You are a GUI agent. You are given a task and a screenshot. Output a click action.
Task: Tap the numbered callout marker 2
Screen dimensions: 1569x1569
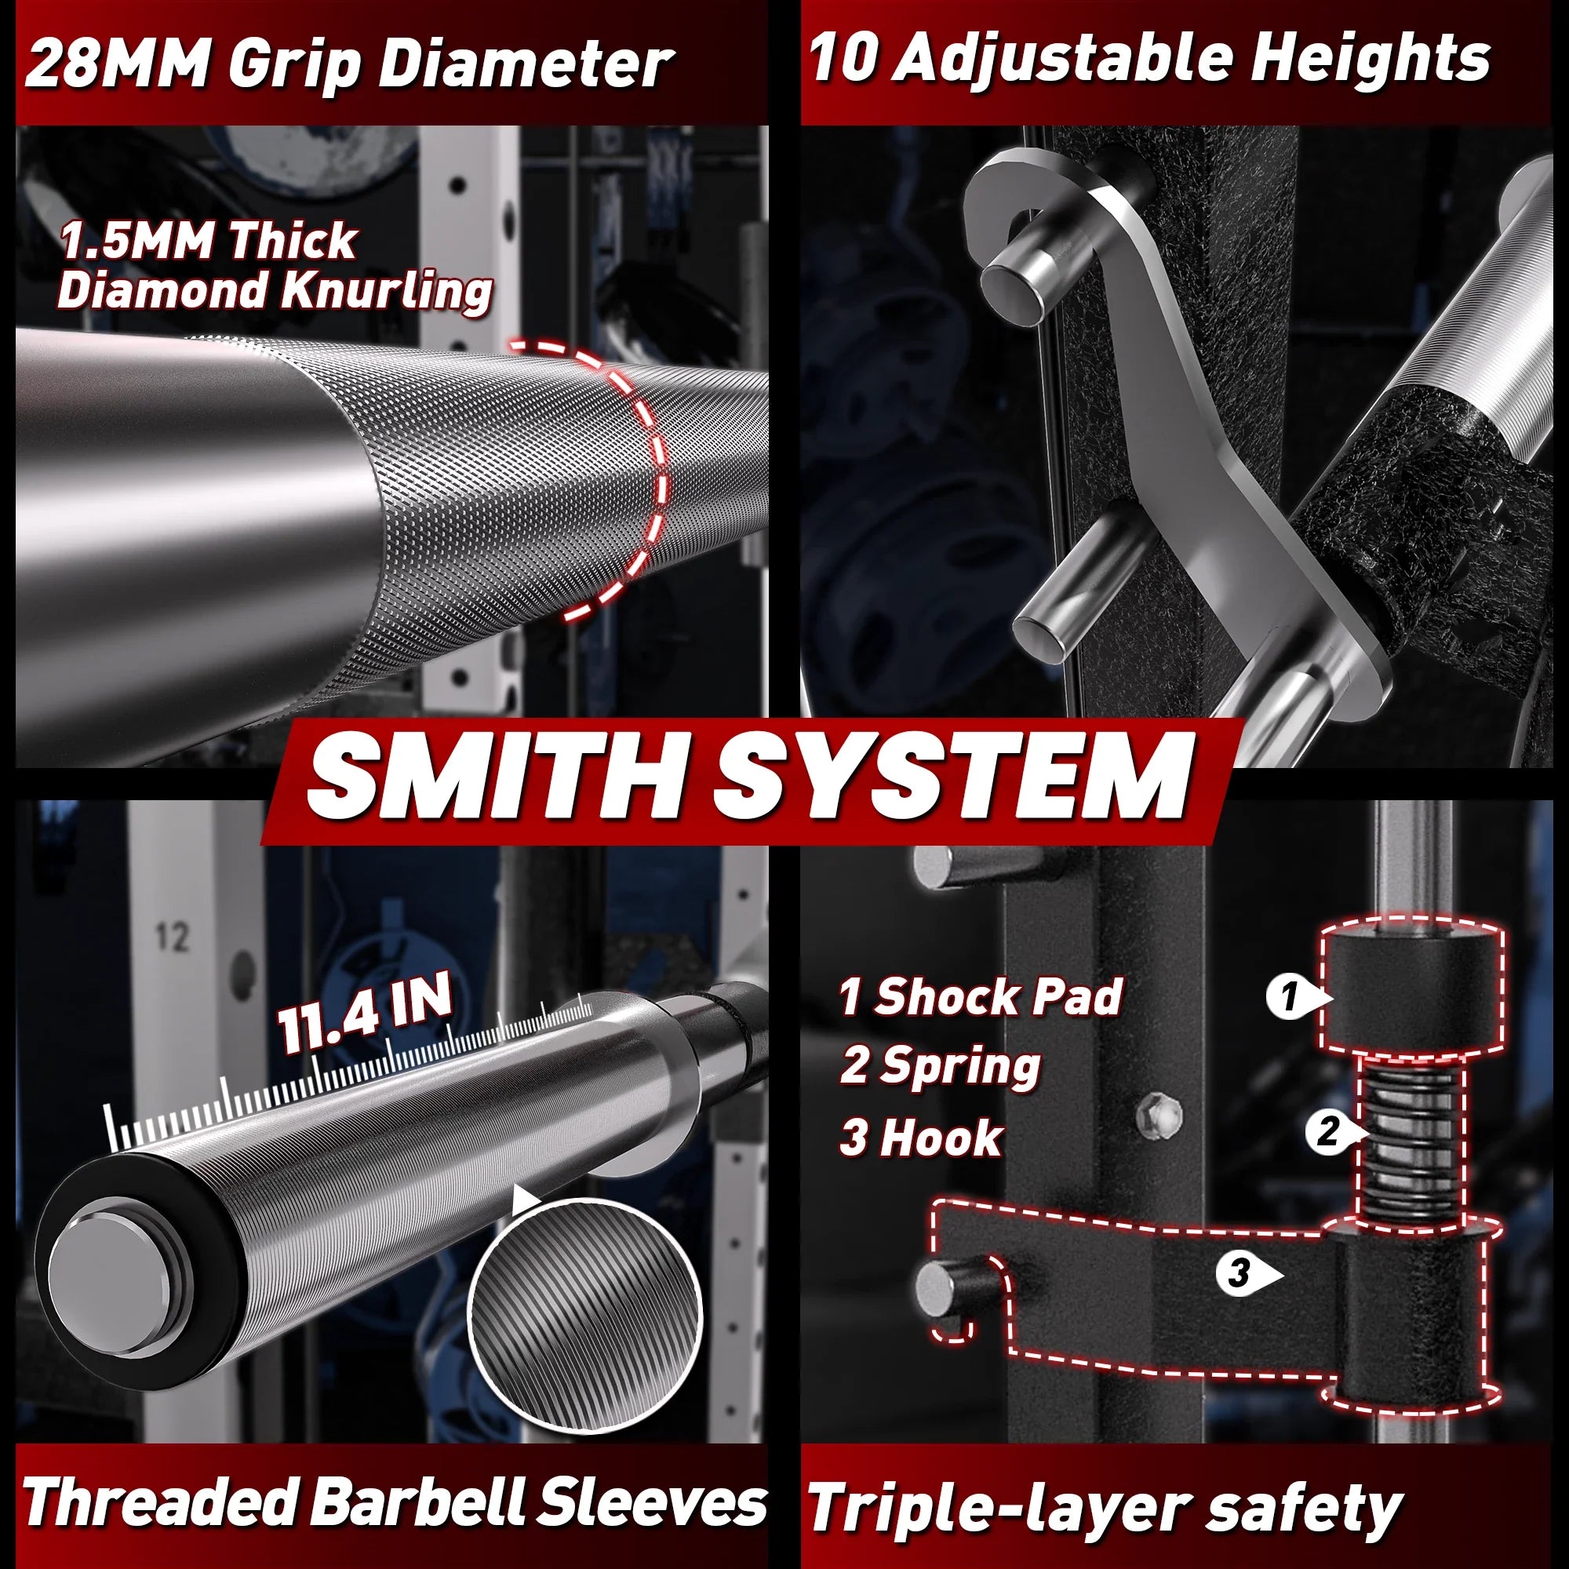click(1329, 1131)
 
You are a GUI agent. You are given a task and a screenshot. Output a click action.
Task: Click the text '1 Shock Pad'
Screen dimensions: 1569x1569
click(980, 996)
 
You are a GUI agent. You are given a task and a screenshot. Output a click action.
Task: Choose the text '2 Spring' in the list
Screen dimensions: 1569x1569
click(941, 1066)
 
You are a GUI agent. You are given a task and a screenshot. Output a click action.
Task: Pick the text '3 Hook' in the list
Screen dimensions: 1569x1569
click(923, 1137)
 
